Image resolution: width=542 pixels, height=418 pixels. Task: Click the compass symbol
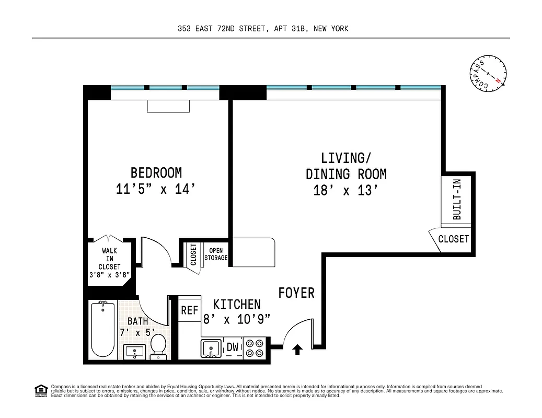tap(488, 73)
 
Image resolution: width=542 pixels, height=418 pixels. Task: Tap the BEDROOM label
tap(156, 172)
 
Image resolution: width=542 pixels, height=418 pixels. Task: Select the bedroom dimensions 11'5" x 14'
tap(156, 189)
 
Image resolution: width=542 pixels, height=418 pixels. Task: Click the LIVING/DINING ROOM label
tap(346, 166)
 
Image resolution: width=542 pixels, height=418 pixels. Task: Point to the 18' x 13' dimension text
tap(346, 190)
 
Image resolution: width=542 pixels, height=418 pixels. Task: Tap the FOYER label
tap(296, 293)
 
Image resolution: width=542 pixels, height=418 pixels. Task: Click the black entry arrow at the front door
tap(297, 349)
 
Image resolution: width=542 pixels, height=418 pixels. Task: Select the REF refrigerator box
tap(189, 310)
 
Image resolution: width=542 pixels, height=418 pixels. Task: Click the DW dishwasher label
tap(233, 347)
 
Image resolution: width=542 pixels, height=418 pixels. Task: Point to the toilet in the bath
tap(158, 347)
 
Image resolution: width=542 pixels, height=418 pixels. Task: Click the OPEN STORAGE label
tap(215, 254)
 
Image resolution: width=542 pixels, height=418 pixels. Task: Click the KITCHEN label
tap(237, 304)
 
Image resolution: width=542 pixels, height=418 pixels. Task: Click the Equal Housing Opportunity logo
tap(40, 390)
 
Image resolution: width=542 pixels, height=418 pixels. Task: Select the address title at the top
tap(263, 29)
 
